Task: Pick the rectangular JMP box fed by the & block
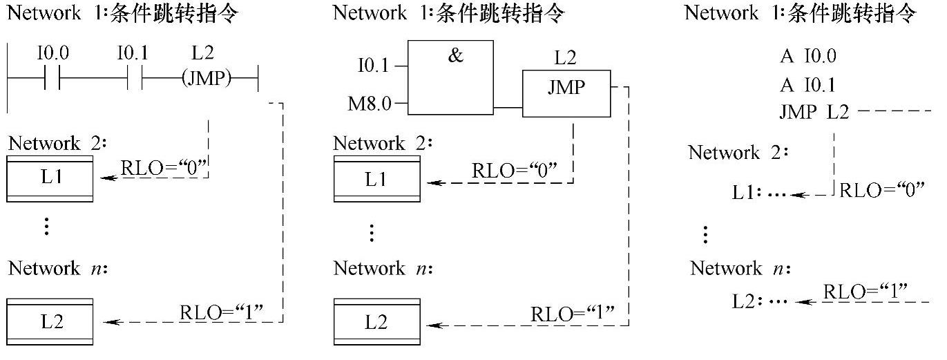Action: [x=566, y=93]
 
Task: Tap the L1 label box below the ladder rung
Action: [x=50, y=178]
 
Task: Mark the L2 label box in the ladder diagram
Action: [x=50, y=322]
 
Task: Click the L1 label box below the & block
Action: [x=376, y=180]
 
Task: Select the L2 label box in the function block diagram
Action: [x=376, y=322]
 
